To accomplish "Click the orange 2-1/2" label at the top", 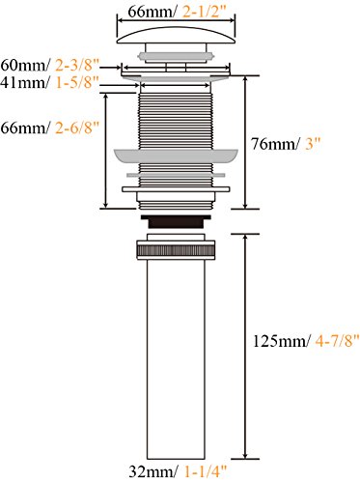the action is [x=205, y=13].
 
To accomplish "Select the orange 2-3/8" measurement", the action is [x=76, y=66].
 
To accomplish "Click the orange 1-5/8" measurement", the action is [x=76, y=83].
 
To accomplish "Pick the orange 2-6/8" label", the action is [x=76, y=128].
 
